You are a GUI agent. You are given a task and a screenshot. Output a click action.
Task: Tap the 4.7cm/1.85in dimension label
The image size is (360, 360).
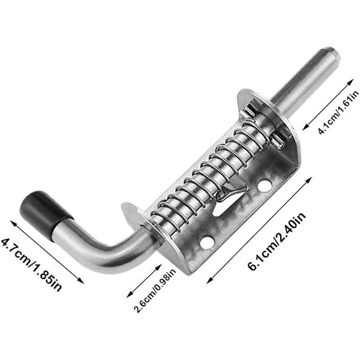pos(31,265)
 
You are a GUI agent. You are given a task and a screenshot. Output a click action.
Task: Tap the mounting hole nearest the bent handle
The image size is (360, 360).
pos(207,242)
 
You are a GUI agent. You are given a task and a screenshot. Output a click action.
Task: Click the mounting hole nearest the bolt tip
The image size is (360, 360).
pos(265,185)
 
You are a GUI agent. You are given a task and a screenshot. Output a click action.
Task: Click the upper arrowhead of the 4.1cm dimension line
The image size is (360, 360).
pos(352,82)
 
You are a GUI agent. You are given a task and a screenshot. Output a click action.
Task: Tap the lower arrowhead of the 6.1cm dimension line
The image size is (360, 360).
pos(209,280)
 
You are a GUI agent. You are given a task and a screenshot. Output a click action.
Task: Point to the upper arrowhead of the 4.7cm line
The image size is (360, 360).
pos(13,223)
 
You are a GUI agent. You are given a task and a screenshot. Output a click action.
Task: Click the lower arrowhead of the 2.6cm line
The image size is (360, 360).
pos(129,295)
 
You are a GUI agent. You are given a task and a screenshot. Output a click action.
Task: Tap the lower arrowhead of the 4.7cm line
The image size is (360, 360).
pos(81,281)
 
